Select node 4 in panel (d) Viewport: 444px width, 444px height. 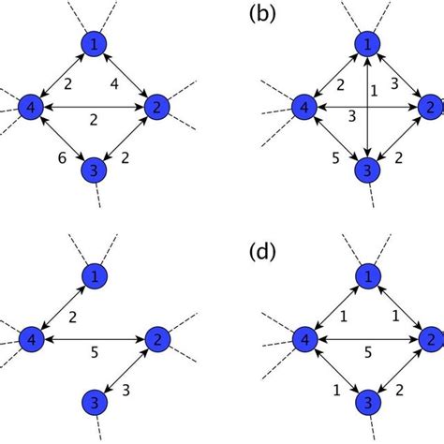coord(304,338)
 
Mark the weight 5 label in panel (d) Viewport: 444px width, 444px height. coord(367,351)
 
